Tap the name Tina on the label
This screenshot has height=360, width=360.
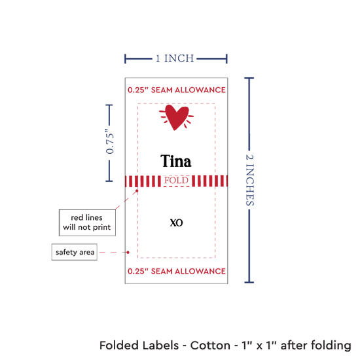[176, 161]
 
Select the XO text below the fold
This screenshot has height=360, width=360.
[176, 223]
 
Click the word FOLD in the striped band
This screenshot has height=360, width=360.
[176, 180]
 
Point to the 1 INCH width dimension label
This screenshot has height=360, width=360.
[175, 58]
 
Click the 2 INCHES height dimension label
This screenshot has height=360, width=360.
[250, 180]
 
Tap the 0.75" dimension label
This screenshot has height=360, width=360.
[110, 142]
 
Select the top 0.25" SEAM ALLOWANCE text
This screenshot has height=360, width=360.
[177, 90]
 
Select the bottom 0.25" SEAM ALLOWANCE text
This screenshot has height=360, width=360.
[177, 271]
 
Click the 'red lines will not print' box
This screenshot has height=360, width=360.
[87, 223]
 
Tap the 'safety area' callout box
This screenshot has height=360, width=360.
[75, 252]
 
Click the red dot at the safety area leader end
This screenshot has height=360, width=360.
[128, 252]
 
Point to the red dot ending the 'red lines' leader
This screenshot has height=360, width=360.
[137, 190]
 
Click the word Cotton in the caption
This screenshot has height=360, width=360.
[210, 346]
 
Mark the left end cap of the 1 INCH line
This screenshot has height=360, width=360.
[125, 59]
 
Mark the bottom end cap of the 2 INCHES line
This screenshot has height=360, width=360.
[249, 282]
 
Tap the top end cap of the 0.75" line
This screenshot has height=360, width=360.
[109, 105]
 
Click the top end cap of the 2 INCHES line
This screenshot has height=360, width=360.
[249, 79]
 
